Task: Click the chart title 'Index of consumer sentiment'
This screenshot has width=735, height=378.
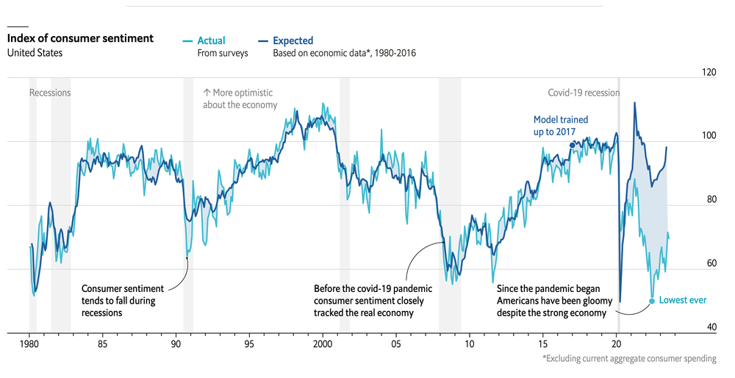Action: (x=80, y=38)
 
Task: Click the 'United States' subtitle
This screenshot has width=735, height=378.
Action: (x=35, y=53)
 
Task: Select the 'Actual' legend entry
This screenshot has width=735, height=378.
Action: (x=211, y=40)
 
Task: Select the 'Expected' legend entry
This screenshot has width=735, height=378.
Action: (x=293, y=40)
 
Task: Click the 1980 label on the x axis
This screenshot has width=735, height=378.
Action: (x=29, y=343)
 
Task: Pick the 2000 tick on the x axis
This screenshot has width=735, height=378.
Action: (x=323, y=343)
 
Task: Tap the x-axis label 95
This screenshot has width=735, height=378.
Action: (x=249, y=343)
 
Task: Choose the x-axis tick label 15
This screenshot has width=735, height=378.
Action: (x=542, y=343)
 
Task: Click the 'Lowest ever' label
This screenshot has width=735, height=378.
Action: (x=683, y=300)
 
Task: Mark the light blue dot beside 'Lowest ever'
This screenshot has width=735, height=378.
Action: (x=652, y=301)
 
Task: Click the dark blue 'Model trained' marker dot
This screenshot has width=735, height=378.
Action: (x=573, y=146)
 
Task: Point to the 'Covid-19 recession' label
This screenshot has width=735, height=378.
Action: (x=584, y=93)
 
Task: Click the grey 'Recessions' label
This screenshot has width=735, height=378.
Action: (x=50, y=93)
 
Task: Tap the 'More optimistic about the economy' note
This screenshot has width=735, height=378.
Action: (x=240, y=99)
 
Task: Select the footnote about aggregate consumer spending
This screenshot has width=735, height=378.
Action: (x=629, y=359)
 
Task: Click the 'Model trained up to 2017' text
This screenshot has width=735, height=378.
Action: (x=561, y=125)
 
